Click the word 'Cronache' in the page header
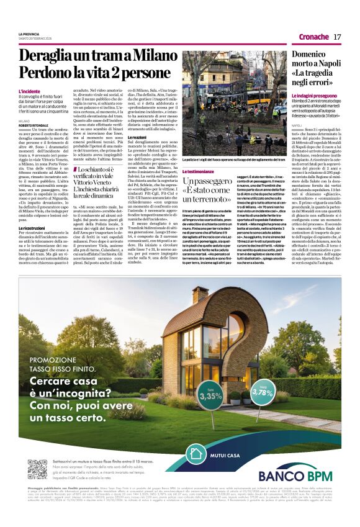[313, 37]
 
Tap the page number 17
[336, 37]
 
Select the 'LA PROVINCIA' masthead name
[29, 34]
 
